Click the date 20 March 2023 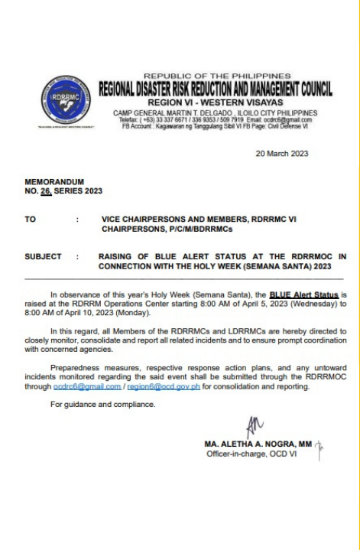[282, 153]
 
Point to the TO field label [30, 219]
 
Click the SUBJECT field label [42, 256]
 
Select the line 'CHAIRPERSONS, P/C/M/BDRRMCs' [163, 227]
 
